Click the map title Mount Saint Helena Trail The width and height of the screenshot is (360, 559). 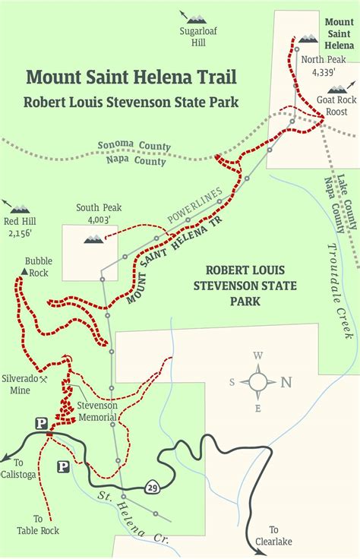pyautogui.click(x=131, y=77)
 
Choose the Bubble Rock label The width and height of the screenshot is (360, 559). pyautogui.click(x=38, y=266)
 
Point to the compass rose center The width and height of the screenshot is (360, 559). pyautogui.click(x=258, y=381)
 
